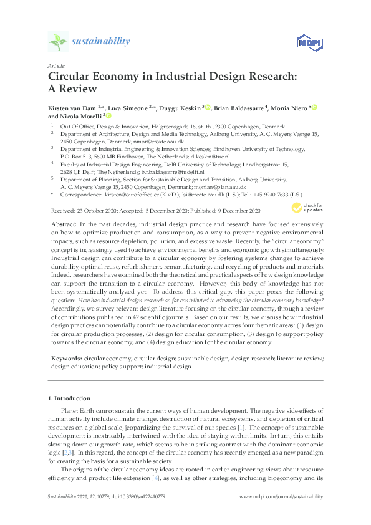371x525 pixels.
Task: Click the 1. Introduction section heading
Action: tap(69, 398)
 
